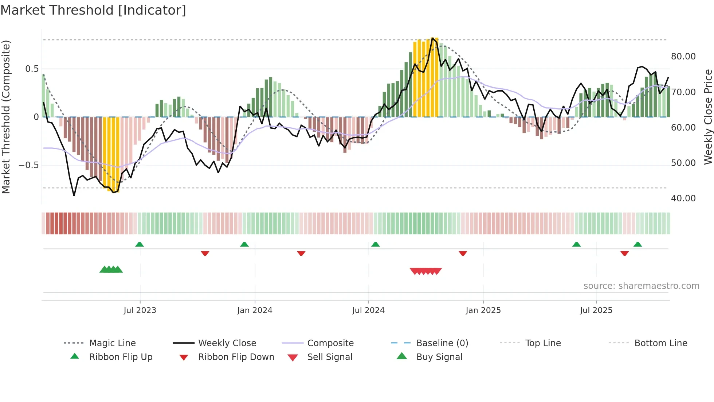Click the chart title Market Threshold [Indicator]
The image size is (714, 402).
tap(93, 10)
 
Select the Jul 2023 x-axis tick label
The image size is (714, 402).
tap(140, 310)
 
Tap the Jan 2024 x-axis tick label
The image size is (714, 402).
tap(255, 310)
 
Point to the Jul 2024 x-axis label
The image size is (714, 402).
tap(368, 310)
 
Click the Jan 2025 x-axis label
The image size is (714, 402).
tap(483, 310)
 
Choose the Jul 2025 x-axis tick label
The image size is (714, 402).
tap(596, 310)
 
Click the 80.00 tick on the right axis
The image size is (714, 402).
tap(683, 57)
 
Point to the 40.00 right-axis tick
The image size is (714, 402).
tap(683, 198)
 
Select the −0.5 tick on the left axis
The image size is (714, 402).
tap(28, 165)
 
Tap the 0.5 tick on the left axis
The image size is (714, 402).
tap(32, 69)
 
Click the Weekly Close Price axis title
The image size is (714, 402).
tap(708, 117)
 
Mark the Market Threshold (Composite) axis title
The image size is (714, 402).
tap(6, 117)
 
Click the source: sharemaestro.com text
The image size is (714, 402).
tap(641, 286)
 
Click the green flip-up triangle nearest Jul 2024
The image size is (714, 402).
tap(375, 244)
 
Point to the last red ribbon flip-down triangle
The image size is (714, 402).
tap(624, 253)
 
